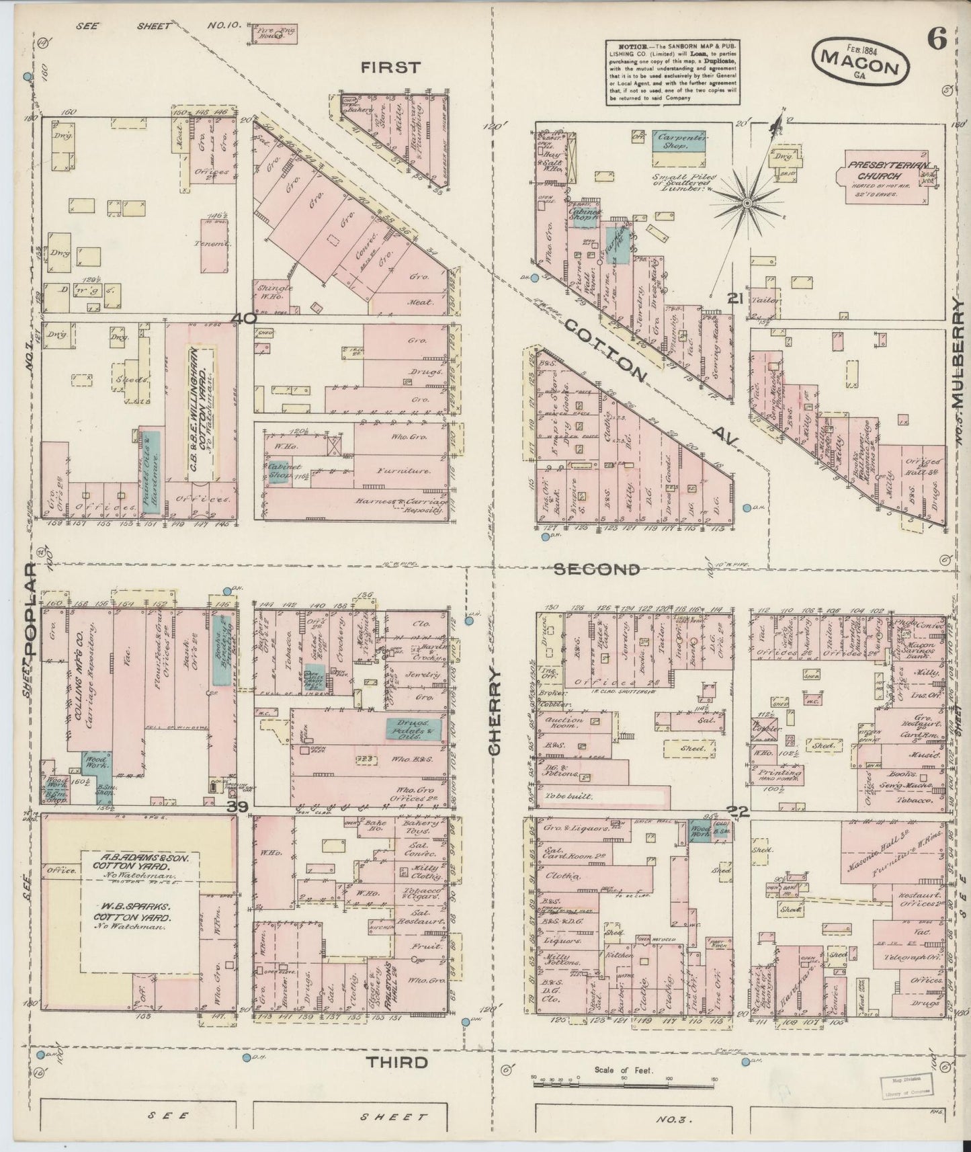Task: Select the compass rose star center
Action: pos(747,202)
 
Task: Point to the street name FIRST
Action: pos(390,67)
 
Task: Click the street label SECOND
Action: pos(597,570)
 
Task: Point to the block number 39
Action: pos(237,807)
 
